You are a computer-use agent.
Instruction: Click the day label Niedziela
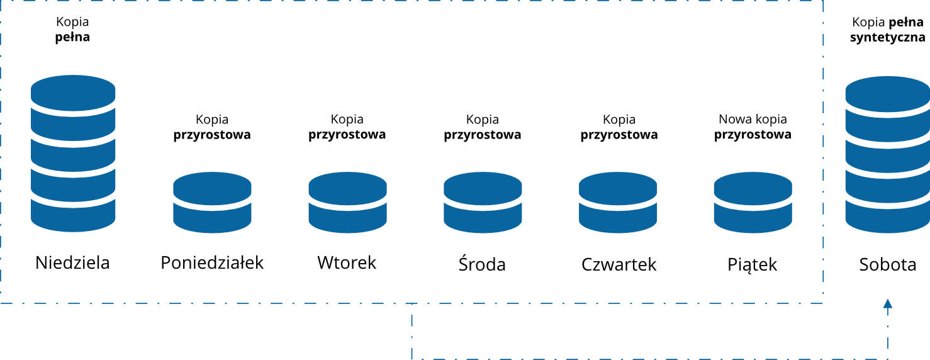click(72, 262)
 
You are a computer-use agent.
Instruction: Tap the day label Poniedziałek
click(212, 262)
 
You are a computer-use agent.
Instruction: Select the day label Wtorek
click(347, 262)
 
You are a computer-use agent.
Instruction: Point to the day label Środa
click(482, 264)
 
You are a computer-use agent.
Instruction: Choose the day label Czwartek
click(619, 264)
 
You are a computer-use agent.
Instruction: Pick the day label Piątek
click(753, 264)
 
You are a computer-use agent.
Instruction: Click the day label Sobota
click(887, 264)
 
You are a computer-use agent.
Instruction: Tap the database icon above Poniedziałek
click(212, 202)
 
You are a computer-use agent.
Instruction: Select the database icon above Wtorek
click(347, 202)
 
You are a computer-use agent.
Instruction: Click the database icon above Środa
click(483, 202)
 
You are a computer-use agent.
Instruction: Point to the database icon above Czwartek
click(618, 202)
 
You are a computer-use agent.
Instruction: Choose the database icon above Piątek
click(753, 202)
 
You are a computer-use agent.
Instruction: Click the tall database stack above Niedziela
click(73, 154)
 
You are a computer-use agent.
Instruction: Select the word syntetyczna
click(887, 37)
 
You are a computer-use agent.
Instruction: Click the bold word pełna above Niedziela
click(73, 37)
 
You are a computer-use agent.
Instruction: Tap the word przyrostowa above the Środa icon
click(483, 135)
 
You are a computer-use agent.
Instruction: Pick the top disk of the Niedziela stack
click(73, 92)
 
